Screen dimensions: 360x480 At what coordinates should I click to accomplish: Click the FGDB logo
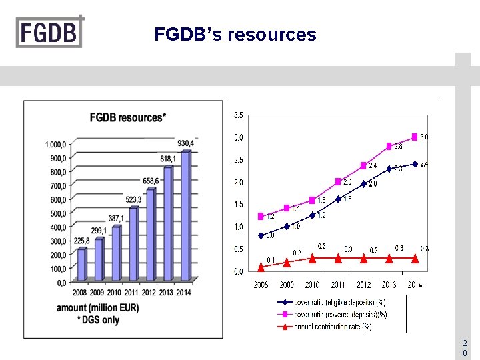tap(50, 31)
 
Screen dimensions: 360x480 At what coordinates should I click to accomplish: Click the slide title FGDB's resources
tap(235, 35)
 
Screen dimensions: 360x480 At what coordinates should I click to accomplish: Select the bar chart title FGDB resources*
tap(128, 118)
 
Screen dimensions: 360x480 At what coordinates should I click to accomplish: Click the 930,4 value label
tap(186, 143)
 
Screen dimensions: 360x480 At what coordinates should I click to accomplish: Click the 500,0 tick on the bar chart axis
tap(57, 213)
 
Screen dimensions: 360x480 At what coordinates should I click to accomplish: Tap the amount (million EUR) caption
tap(99, 308)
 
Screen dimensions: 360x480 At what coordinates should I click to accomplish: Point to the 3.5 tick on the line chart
tap(238, 115)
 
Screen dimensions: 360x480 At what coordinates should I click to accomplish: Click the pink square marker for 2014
tap(415, 137)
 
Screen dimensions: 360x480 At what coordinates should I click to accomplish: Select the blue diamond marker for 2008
tap(261, 235)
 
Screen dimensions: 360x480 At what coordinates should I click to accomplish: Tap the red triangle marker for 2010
tap(312, 257)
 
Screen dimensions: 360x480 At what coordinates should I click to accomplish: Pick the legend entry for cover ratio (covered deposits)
tap(331, 314)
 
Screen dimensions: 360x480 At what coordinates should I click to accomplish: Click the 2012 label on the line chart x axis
tap(363, 285)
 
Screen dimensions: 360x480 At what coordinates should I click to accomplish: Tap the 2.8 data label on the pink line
tap(397, 145)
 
